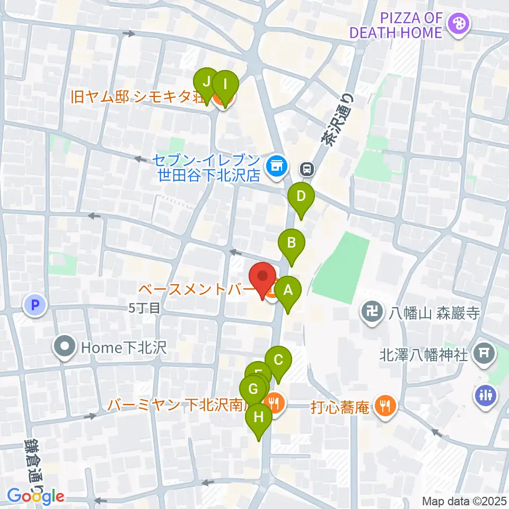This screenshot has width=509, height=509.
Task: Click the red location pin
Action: click(x=262, y=278)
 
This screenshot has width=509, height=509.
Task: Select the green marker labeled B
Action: click(x=291, y=244)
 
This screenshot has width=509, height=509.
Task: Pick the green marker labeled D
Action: click(x=301, y=198)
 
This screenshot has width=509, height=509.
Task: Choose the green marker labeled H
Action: click(x=259, y=418)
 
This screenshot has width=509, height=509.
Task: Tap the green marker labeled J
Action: click(x=206, y=83)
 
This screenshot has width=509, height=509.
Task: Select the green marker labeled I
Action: click(x=225, y=85)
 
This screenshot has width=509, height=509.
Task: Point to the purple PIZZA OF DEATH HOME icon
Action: click(x=455, y=24)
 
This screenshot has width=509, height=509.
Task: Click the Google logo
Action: click(x=36, y=496)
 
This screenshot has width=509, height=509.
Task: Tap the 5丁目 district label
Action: click(x=144, y=307)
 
